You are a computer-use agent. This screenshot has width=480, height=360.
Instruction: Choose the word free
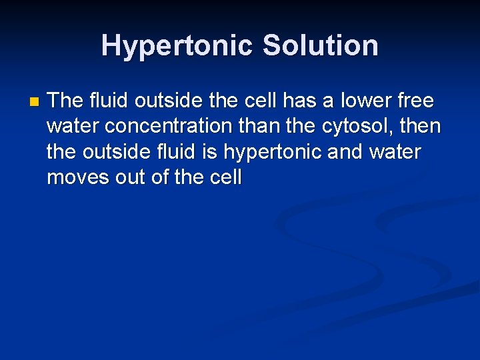click(x=416, y=101)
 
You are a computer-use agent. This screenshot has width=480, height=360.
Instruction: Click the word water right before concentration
click(x=74, y=126)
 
